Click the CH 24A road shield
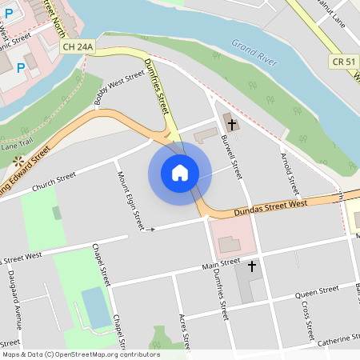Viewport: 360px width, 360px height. (x=78, y=48)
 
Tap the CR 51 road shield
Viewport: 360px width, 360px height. (x=342, y=62)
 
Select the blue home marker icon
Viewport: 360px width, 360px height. (x=180, y=172)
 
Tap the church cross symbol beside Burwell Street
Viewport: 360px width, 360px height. (x=231, y=123)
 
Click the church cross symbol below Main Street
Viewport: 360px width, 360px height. (x=252, y=266)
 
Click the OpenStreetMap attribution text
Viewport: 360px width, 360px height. (x=80, y=354)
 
